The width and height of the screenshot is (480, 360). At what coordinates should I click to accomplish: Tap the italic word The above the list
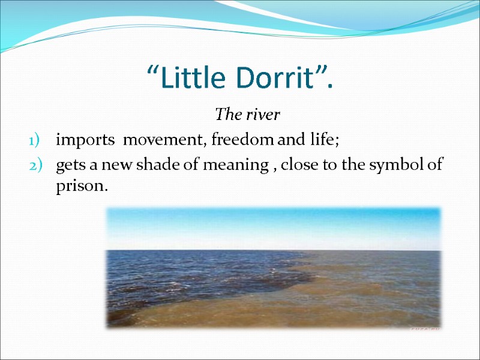(x=226, y=113)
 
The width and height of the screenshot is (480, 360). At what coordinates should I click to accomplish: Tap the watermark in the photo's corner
(x=422, y=328)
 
